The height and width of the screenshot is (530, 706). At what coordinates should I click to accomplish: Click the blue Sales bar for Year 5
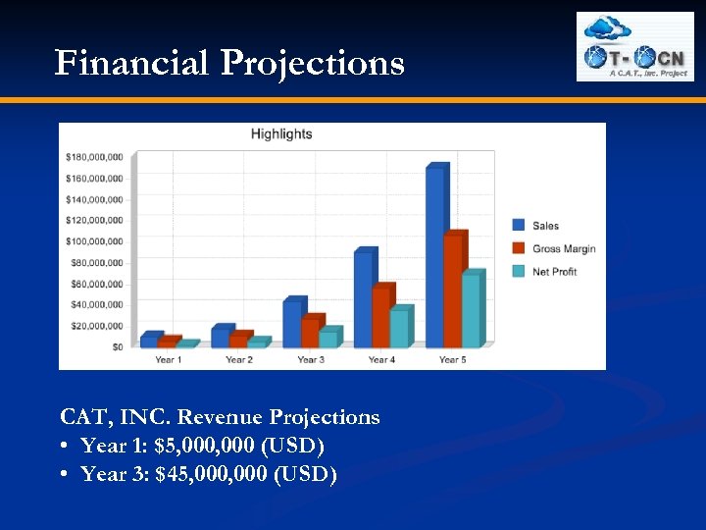click(434, 257)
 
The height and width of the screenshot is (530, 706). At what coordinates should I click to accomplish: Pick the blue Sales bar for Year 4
click(363, 299)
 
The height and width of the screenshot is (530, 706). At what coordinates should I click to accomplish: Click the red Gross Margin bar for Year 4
click(381, 317)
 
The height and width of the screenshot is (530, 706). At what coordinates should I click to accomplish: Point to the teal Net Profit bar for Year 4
click(399, 328)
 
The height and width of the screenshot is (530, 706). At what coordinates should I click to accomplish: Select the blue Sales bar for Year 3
click(292, 323)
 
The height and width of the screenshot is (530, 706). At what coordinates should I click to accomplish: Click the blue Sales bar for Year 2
click(221, 337)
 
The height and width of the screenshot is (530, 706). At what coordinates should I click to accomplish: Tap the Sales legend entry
click(545, 226)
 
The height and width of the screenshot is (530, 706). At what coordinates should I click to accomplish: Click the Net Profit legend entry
click(553, 271)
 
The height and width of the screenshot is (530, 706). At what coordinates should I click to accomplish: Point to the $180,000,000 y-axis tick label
click(94, 157)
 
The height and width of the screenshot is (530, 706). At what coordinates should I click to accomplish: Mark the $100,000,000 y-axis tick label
click(94, 241)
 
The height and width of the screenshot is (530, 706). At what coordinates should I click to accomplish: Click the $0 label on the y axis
click(117, 346)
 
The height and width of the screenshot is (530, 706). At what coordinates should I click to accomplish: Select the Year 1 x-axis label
click(168, 360)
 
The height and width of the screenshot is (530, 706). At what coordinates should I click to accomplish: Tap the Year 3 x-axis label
click(311, 360)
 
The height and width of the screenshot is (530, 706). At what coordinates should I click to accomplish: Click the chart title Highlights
click(281, 134)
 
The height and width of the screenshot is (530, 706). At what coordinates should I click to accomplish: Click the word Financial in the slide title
click(132, 63)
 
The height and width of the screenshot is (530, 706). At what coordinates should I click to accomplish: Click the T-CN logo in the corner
click(634, 46)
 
